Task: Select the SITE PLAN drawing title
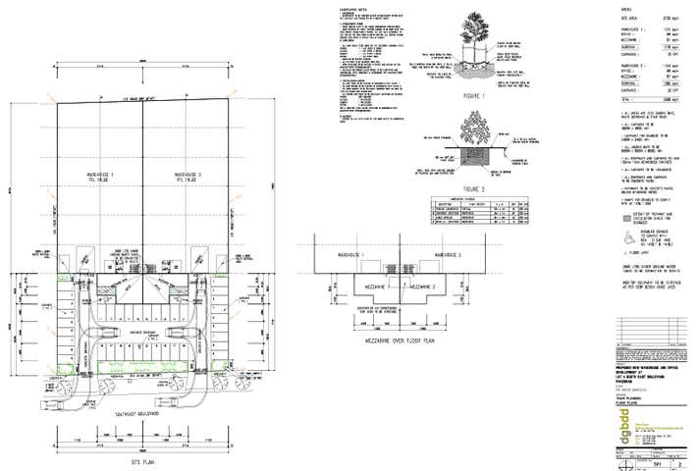(x=144, y=457)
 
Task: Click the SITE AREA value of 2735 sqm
(x=673, y=19)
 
